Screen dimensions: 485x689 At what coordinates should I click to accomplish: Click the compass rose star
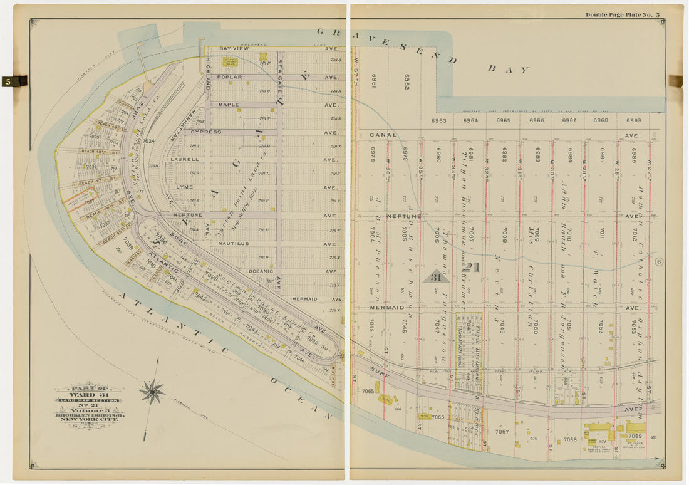point(152,392)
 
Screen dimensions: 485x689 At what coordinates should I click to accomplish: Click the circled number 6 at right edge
point(659,262)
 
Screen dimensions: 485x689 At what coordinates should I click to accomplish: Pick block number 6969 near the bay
point(633,120)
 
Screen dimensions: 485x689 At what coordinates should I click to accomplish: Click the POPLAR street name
point(229,77)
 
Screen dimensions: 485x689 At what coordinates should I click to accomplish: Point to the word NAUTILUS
point(234,243)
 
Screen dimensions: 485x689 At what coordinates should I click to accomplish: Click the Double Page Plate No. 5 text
point(622,14)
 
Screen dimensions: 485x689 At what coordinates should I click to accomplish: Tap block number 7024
point(148,142)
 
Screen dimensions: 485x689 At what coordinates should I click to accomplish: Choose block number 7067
point(502,431)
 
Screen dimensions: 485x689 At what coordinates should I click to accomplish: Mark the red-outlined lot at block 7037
point(81,201)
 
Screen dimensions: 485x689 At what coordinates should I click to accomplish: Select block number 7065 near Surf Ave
point(368,391)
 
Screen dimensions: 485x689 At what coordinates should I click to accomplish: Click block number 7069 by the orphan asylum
point(635,435)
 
